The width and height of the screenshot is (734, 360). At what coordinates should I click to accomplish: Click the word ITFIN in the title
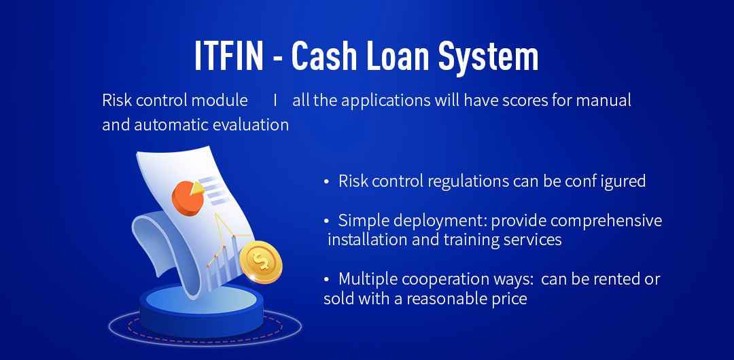pos(229,56)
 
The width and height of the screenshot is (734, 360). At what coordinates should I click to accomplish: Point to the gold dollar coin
pos(261,262)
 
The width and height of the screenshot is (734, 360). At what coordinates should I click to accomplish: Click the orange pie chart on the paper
pos(188,199)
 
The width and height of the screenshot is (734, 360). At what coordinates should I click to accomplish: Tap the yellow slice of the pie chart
pos(197,187)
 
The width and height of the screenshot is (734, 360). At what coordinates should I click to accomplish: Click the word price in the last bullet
pos(510,300)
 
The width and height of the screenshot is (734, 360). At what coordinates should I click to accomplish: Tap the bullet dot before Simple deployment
pos(327,221)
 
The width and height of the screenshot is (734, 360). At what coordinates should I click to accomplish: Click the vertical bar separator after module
pos(275,100)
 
